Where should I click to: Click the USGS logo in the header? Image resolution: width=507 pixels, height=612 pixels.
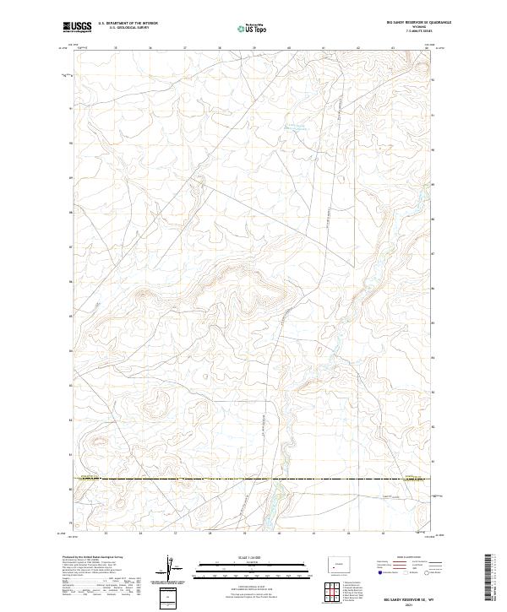[x=78, y=27]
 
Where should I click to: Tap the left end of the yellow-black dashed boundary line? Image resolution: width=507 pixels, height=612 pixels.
[x=75, y=479]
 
